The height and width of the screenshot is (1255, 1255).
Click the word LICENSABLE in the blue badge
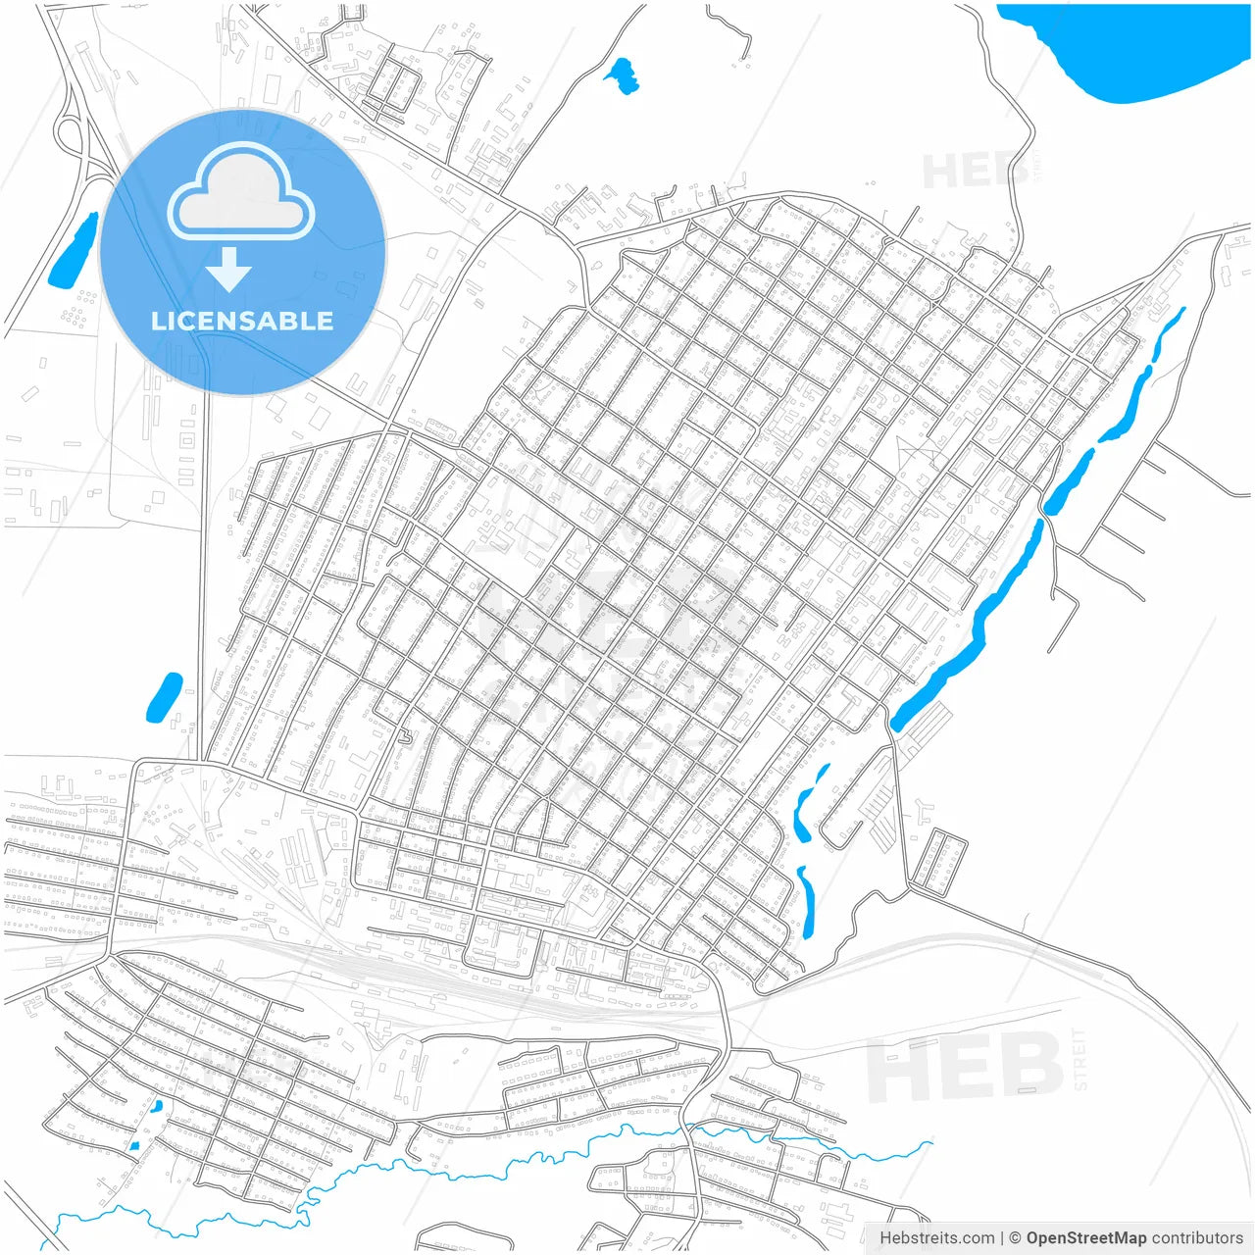242,321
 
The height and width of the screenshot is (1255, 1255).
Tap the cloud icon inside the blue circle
241,193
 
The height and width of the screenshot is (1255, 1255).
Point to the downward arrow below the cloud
229,270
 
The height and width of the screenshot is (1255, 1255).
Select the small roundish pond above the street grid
622,75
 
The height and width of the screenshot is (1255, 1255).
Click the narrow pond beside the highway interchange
74,251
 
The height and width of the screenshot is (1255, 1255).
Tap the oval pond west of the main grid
165,697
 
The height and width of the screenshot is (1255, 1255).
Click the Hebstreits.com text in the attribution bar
936,1238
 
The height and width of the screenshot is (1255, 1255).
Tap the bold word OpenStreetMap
1085,1238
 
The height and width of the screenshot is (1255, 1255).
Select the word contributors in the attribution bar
1197,1238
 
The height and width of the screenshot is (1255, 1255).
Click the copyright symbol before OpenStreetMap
1015,1238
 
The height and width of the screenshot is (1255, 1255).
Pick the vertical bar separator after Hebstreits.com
1002,1238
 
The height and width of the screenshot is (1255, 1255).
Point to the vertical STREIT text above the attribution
1080,1060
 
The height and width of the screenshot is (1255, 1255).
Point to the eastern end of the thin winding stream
929,1142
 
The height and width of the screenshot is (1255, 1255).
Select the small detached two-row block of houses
939,863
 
